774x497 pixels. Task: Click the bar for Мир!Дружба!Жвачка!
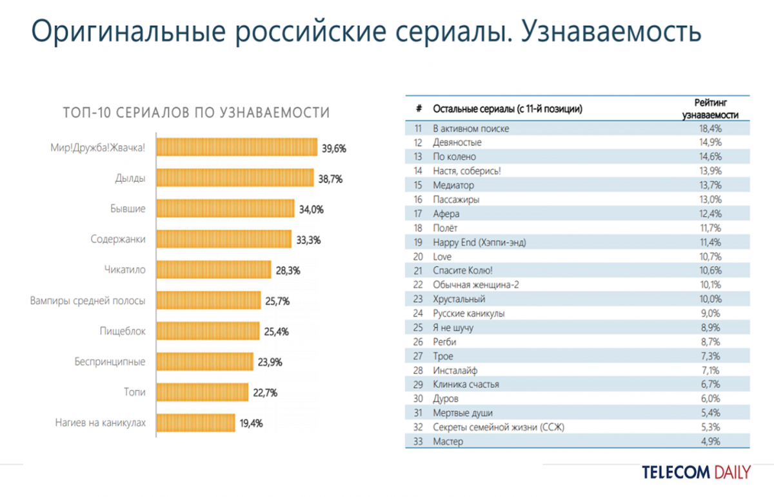[237, 148]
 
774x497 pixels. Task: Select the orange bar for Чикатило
[214, 270]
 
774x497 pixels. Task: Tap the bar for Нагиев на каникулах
[196, 423]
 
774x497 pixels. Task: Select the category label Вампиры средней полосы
[88, 300]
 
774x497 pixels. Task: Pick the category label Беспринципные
[110, 362]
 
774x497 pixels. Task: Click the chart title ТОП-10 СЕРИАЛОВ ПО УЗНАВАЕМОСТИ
[196, 113]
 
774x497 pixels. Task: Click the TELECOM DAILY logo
[696, 472]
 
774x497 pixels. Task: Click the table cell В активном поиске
[471, 128]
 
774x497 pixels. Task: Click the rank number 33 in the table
[418, 442]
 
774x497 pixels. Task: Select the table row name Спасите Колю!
[466, 271]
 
